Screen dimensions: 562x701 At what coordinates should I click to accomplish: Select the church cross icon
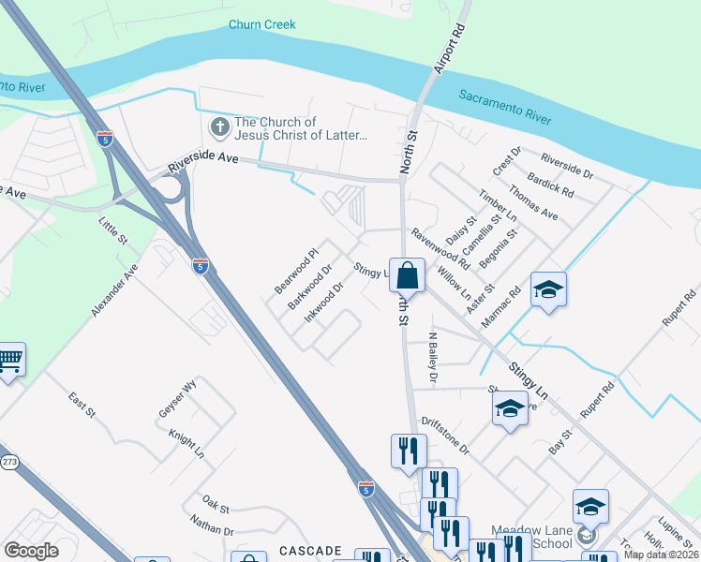pyautogui.click(x=219, y=126)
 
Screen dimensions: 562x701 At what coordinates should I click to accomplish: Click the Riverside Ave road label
pyautogui.click(x=204, y=162)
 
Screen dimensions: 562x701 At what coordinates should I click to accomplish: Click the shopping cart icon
pyautogui.click(x=9, y=359)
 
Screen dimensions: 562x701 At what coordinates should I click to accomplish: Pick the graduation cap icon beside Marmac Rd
pyautogui.click(x=548, y=290)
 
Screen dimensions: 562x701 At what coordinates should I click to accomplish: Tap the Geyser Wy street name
pyautogui.click(x=177, y=399)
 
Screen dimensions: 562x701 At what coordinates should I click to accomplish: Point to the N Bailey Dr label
pyautogui.click(x=433, y=357)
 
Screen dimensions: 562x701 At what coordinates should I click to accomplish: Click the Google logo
pyautogui.click(x=31, y=551)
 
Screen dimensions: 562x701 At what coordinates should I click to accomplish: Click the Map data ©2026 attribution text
pyautogui.click(x=661, y=555)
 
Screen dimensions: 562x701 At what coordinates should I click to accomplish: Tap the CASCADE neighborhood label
pyautogui.click(x=309, y=551)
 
